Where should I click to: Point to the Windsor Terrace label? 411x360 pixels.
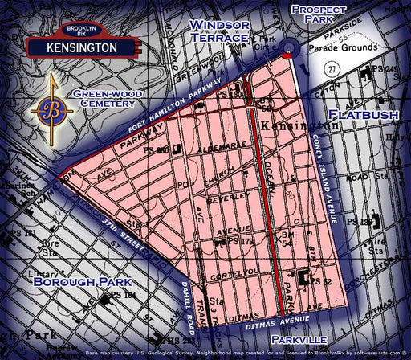[x=218, y=31]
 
